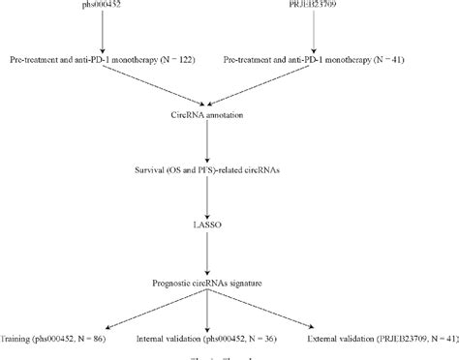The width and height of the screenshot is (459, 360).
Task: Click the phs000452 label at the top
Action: [x=109, y=5]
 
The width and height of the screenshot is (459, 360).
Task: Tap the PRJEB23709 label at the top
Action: [x=317, y=5]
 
